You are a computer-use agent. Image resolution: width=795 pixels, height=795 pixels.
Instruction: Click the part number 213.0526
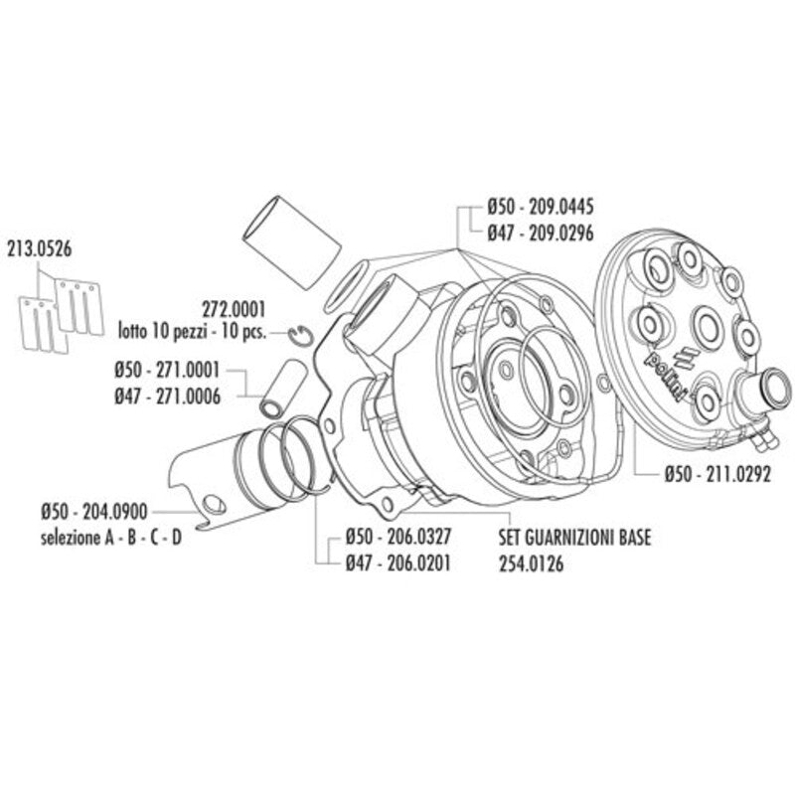pyautogui.click(x=39, y=249)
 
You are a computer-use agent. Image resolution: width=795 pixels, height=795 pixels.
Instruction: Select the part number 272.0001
pyautogui.click(x=234, y=309)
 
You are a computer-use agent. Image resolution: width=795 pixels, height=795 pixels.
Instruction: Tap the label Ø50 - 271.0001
pyautogui.click(x=167, y=370)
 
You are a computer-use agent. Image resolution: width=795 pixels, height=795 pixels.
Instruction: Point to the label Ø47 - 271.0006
pyautogui.click(x=167, y=397)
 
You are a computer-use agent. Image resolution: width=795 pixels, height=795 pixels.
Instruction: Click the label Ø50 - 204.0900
pyautogui.click(x=94, y=512)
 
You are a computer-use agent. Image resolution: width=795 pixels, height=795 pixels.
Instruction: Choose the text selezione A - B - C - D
pyautogui.click(x=111, y=538)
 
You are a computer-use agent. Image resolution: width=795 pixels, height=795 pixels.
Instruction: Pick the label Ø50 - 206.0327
pyautogui.click(x=398, y=537)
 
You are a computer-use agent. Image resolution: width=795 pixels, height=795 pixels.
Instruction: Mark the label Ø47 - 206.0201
pyautogui.click(x=398, y=563)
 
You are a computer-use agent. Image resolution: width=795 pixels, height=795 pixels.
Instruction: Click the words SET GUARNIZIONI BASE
pyautogui.click(x=575, y=538)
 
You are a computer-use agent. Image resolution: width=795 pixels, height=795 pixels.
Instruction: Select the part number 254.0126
pyautogui.click(x=531, y=563)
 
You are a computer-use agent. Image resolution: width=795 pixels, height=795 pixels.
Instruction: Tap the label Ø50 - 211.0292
pyautogui.click(x=717, y=474)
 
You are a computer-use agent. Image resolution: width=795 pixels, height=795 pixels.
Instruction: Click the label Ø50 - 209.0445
pyautogui.click(x=541, y=207)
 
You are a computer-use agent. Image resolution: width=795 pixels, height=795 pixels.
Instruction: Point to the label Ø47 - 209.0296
pyautogui.click(x=541, y=234)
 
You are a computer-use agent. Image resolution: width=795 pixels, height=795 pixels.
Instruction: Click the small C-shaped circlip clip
pyautogui.click(x=301, y=336)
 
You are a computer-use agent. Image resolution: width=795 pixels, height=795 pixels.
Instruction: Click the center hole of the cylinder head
pyautogui.click(x=708, y=324)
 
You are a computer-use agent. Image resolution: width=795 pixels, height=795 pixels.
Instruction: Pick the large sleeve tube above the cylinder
pyautogui.click(x=291, y=243)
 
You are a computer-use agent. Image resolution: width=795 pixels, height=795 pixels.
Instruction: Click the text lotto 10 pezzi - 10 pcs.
pyautogui.click(x=192, y=333)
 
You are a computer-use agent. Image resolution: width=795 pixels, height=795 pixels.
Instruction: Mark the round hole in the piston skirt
pyautogui.click(x=215, y=505)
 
